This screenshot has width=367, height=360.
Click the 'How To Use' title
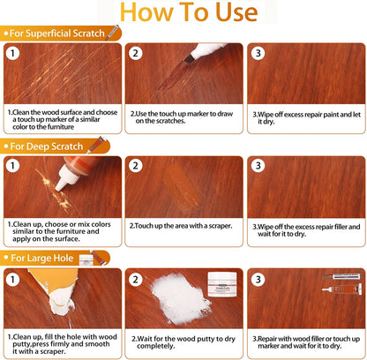click(189, 12)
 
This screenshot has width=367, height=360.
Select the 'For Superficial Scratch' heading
click(57, 34)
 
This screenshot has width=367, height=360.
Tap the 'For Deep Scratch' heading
click(47, 146)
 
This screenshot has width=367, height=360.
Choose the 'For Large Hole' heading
click(42, 258)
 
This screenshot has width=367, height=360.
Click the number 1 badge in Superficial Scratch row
click(12, 53)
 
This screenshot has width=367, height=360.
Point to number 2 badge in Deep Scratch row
click(135, 166)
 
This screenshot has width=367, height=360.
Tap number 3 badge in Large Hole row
click(258, 279)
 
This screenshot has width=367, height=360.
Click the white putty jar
click(222, 284)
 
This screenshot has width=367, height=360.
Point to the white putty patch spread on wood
click(180, 297)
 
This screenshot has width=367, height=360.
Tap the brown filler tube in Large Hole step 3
click(342, 289)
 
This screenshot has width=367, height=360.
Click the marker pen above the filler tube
click(341, 276)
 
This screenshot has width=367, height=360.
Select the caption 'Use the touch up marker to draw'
click(182, 114)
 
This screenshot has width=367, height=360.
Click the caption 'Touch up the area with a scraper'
click(181, 226)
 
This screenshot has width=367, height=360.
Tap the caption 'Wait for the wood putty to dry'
click(183, 339)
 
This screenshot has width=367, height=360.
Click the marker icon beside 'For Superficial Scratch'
click(112, 33)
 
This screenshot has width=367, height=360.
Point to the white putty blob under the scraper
click(61, 305)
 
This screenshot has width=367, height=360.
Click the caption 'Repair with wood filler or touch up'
click(306, 339)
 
